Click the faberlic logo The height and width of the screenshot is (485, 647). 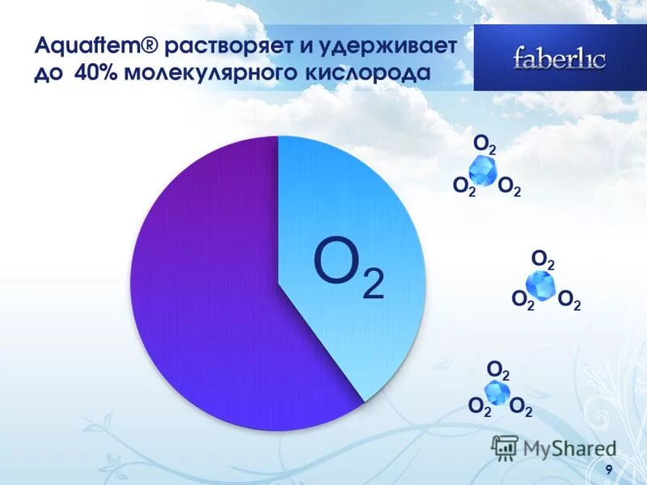pos(559,58)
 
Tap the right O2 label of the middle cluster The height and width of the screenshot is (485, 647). pos(569,302)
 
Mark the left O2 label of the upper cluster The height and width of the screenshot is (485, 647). pos(463,188)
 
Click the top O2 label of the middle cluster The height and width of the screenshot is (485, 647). pos(543,260)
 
